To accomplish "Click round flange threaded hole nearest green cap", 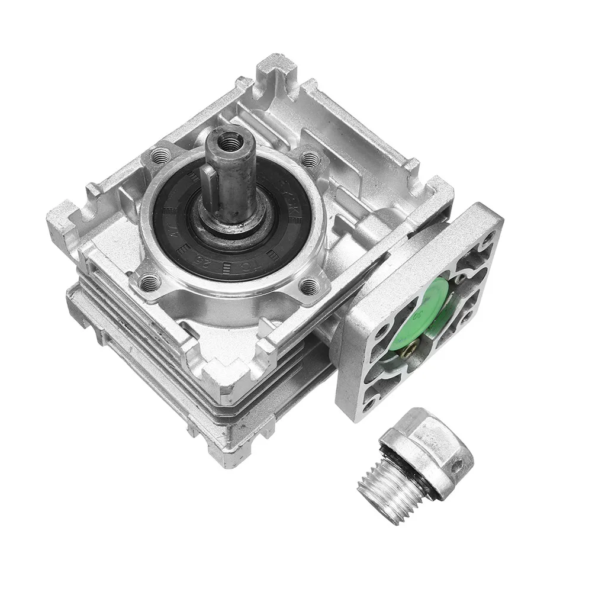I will (308, 287).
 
